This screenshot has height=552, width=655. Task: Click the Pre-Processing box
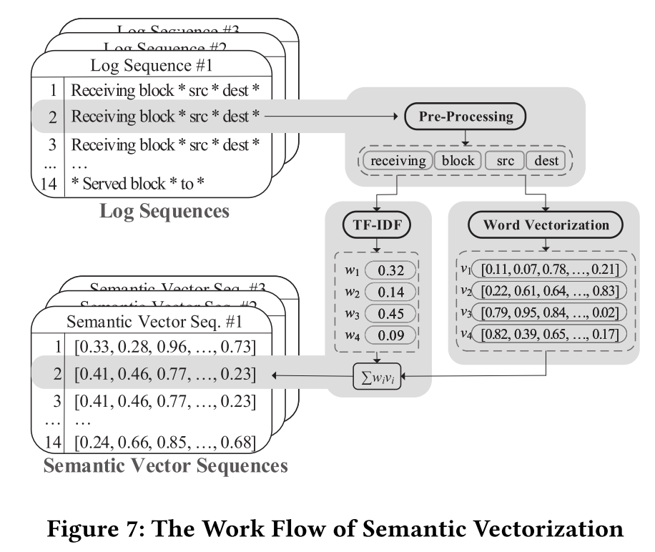466,116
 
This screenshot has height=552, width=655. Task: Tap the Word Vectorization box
546,225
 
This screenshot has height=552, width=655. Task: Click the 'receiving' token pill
398,160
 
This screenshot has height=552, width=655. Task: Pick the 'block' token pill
458,160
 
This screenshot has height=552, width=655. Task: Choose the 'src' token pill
505,160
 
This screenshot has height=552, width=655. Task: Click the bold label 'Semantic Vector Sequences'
166,466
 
